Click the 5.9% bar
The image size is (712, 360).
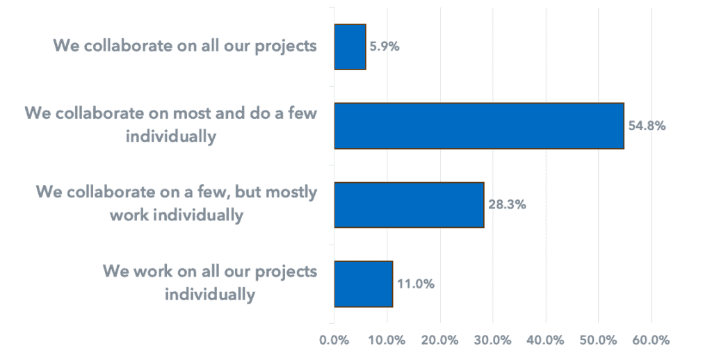pos(350,47)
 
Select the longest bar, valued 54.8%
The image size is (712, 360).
pos(479,126)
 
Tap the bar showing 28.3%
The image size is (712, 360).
pos(409,205)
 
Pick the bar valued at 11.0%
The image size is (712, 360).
pos(363,284)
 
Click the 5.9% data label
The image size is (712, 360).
pos(384,47)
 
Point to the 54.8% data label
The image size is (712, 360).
pos(647,126)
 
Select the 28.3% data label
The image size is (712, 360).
pos(507,205)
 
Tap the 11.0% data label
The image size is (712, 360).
pos(416,284)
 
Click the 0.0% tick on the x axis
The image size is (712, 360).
pos(334,340)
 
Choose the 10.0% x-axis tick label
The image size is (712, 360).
pos(387,340)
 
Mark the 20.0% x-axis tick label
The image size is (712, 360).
pos(440,340)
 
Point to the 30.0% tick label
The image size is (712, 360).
pos(493,340)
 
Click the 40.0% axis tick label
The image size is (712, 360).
pos(546,340)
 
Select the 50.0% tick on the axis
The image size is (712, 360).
pos(599,340)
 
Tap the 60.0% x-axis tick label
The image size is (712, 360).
pos(652,340)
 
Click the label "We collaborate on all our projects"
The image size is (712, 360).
pos(185,47)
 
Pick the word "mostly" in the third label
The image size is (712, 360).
pos(291,193)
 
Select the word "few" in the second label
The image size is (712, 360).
pos(302,113)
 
